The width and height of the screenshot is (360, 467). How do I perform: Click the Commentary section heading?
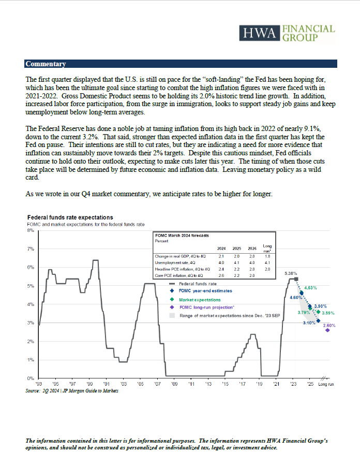coord(46,64)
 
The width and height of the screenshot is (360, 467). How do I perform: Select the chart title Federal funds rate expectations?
coord(70,217)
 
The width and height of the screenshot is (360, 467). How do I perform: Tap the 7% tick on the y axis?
coord(30,249)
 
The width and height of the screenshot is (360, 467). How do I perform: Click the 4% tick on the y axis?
coord(30,304)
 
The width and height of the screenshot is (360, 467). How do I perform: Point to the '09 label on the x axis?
coord(174,384)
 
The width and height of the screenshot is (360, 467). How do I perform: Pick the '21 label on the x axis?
coord(276,384)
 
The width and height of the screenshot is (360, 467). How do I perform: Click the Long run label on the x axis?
coord(326,384)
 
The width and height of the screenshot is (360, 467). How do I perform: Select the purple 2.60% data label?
coord(329,325)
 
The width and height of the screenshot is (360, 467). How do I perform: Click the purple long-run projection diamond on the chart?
coord(328,330)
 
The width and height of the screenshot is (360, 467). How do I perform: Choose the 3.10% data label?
coord(310,323)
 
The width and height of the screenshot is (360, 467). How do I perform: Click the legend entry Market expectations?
coord(200,300)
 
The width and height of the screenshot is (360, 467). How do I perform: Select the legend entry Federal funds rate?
coord(198,284)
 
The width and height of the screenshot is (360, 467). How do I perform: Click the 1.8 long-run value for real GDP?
coord(267,256)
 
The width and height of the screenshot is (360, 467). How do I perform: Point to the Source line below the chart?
coord(72,391)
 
